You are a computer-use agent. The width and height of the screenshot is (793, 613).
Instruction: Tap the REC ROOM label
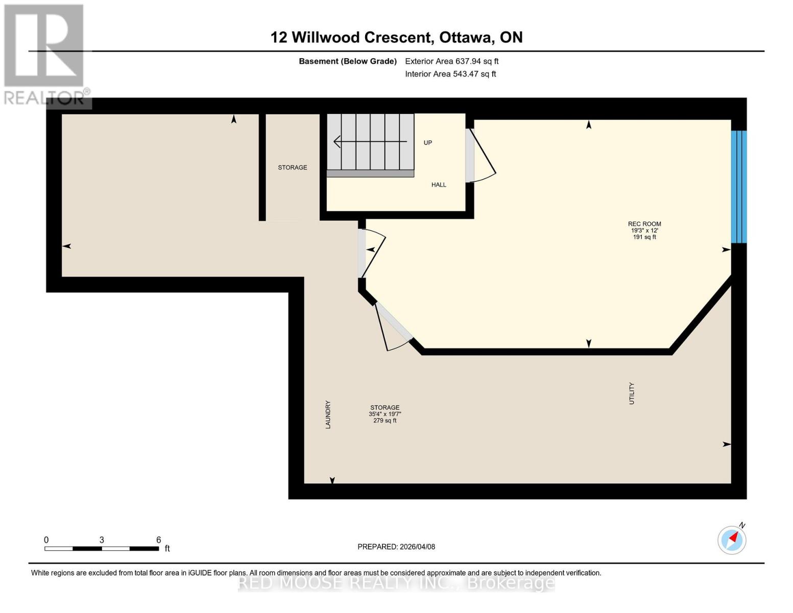(x=644, y=224)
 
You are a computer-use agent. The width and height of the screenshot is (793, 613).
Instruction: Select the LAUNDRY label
(x=328, y=414)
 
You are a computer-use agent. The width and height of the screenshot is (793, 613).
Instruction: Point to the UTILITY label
(x=632, y=393)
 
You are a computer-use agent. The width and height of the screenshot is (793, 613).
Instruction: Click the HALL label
(x=439, y=185)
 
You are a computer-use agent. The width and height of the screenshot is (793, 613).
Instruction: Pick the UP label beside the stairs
(x=428, y=143)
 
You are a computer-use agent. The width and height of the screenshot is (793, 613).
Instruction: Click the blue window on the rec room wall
(x=738, y=186)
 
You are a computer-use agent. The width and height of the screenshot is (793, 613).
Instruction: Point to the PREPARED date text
(x=396, y=547)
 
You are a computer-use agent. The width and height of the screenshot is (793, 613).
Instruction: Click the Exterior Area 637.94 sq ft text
(x=451, y=61)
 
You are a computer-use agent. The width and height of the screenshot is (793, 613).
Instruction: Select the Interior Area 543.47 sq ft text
(x=450, y=74)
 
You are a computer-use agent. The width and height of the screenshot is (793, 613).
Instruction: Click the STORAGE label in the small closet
(x=293, y=168)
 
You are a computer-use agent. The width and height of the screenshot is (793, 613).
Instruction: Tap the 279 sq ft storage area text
(x=385, y=420)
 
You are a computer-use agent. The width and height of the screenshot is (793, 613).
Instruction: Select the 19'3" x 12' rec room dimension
(x=644, y=230)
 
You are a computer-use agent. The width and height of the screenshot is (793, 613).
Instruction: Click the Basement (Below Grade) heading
(x=348, y=61)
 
